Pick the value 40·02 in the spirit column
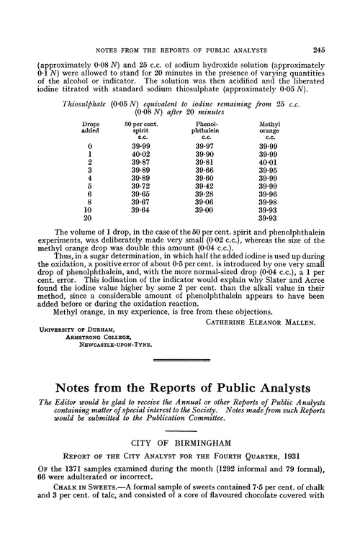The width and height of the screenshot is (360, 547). (141, 153)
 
